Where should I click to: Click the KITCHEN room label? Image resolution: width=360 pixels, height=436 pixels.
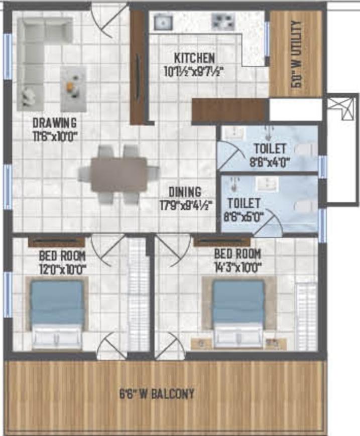(195, 57)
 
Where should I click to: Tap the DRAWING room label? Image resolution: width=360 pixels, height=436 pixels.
(54, 122)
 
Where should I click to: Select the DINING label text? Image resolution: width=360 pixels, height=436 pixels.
(184, 192)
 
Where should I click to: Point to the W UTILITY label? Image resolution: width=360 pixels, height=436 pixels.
(296, 54)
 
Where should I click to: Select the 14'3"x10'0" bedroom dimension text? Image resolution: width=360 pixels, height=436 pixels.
(237, 267)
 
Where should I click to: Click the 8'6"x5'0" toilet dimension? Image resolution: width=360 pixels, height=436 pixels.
(244, 217)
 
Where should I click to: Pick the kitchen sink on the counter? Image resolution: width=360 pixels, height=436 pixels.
(163, 22)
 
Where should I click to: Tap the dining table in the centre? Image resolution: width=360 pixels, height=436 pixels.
(119, 174)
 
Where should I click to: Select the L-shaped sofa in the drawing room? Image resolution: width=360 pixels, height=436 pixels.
(38, 55)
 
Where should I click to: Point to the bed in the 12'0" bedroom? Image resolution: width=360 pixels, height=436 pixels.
(57, 314)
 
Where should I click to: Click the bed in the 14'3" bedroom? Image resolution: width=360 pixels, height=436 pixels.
(238, 314)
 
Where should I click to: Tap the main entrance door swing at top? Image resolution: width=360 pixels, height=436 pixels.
(109, 20)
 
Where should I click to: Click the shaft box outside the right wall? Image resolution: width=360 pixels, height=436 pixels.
(342, 151)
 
